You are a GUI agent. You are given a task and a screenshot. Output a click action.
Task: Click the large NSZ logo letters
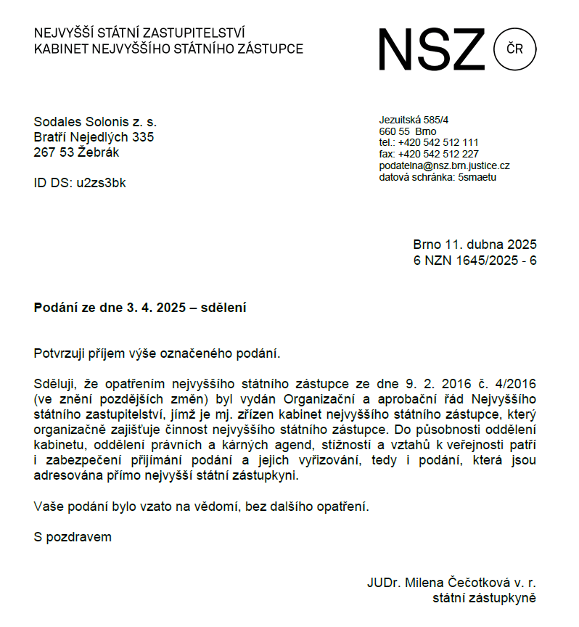[431, 49]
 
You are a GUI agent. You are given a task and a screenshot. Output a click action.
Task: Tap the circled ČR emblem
[514, 49]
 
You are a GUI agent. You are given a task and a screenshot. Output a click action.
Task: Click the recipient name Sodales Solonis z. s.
[95, 122]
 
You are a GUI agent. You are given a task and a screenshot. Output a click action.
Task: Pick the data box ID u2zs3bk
[101, 183]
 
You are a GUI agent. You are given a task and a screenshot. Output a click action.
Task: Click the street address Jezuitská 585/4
[414, 120]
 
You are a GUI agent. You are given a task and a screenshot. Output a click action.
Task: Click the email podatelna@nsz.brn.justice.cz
[444, 166]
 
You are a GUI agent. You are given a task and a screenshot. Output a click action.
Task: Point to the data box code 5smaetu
[477, 177]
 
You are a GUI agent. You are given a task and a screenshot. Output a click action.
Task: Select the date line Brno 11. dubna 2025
[475, 245]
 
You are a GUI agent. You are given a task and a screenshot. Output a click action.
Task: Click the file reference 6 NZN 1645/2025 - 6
[475, 261]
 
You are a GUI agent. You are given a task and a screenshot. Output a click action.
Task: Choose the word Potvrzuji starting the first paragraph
[61, 353]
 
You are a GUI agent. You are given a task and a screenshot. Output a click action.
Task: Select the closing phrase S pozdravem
[73, 538]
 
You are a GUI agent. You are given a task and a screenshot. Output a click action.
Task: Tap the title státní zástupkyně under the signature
[484, 599]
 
